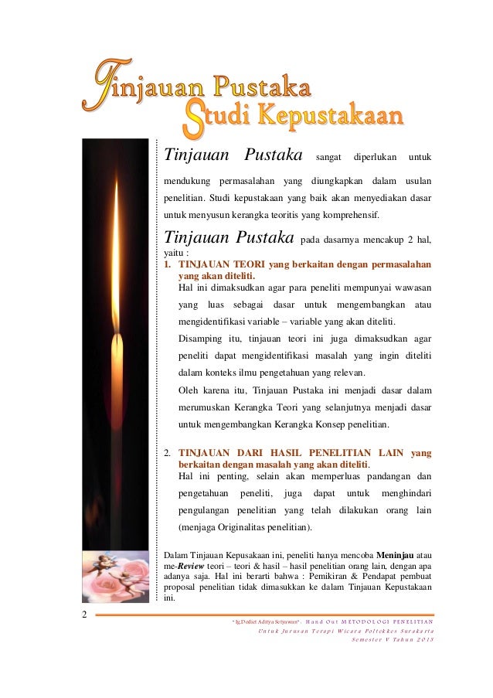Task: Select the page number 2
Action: pos(84,615)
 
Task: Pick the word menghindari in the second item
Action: pos(403,492)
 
